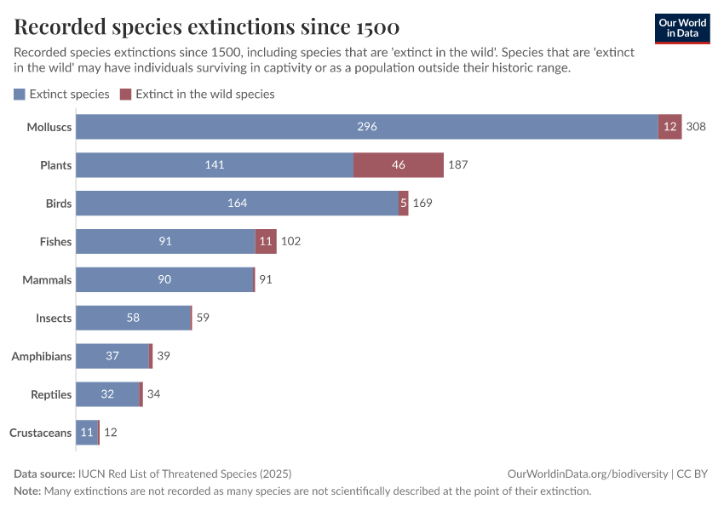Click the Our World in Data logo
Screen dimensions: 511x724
[681, 28]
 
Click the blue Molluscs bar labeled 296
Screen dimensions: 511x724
[367, 127]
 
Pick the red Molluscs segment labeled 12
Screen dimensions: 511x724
[669, 127]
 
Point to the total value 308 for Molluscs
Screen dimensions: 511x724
[696, 127]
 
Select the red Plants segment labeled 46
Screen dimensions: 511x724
[399, 165]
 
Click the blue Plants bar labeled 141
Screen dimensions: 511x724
[215, 165]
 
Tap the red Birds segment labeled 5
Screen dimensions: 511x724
[403, 204]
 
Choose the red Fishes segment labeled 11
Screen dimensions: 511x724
[266, 242]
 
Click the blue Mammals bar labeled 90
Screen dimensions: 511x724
[164, 279]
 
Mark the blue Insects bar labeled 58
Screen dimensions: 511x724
[133, 318]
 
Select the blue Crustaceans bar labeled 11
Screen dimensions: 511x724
[87, 433]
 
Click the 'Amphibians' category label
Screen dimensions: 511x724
[41, 356]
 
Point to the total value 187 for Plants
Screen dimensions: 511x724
[458, 165]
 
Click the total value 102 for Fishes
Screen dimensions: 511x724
[290, 242]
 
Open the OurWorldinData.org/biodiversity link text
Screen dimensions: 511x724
[587, 474]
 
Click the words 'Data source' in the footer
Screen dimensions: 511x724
[43, 474]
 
